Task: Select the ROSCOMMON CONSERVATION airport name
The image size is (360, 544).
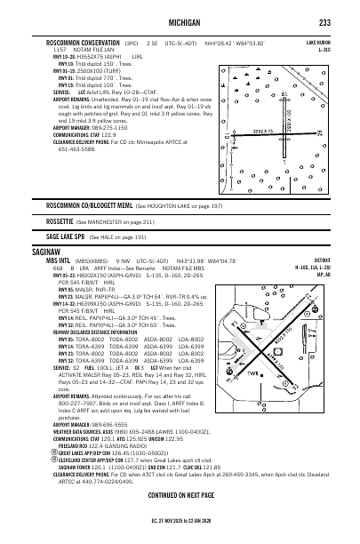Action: (x=84, y=42)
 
